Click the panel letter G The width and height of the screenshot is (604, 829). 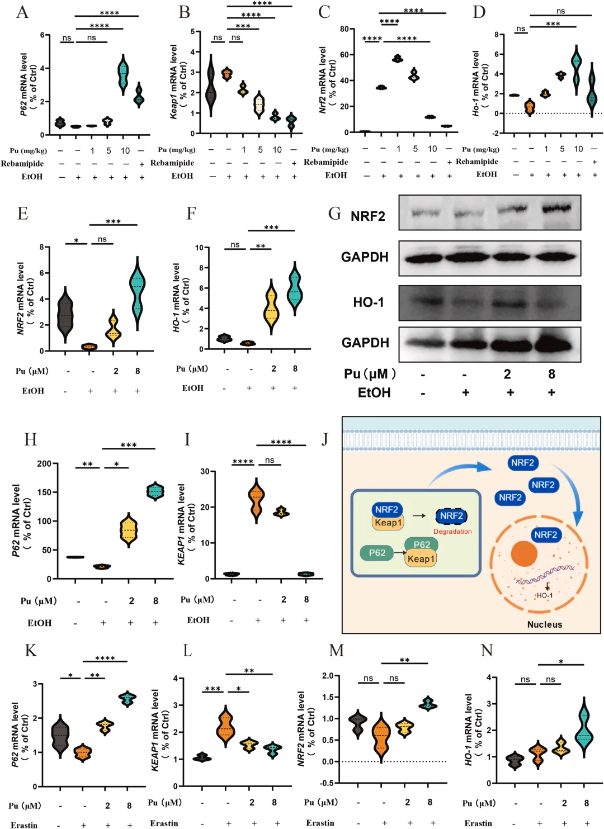tap(334, 214)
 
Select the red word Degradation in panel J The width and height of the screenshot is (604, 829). tap(452, 532)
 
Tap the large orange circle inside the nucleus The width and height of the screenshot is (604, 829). tap(524, 553)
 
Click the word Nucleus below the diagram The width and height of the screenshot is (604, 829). tap(544, 624)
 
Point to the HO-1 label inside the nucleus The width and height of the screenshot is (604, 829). tap(545, 595)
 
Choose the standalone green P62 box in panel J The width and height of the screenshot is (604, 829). tap(377, 553)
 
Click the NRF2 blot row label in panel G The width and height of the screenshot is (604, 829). tap(367, 216)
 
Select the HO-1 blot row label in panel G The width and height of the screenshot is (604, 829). tap(368, 302)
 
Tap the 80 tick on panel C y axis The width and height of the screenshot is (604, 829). tap(344, 29)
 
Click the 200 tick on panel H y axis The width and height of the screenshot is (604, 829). tap(44, 463)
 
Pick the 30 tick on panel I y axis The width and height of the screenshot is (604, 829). tap(205, 471)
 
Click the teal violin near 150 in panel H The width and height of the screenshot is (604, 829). tap(155, 491)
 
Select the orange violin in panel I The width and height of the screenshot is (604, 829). tap(257, 500)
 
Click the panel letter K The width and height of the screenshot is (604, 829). tap(31, 650)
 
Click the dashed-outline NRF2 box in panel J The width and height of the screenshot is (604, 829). tap(451, 516)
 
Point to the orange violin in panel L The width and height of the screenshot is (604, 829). tap(226, 727)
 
